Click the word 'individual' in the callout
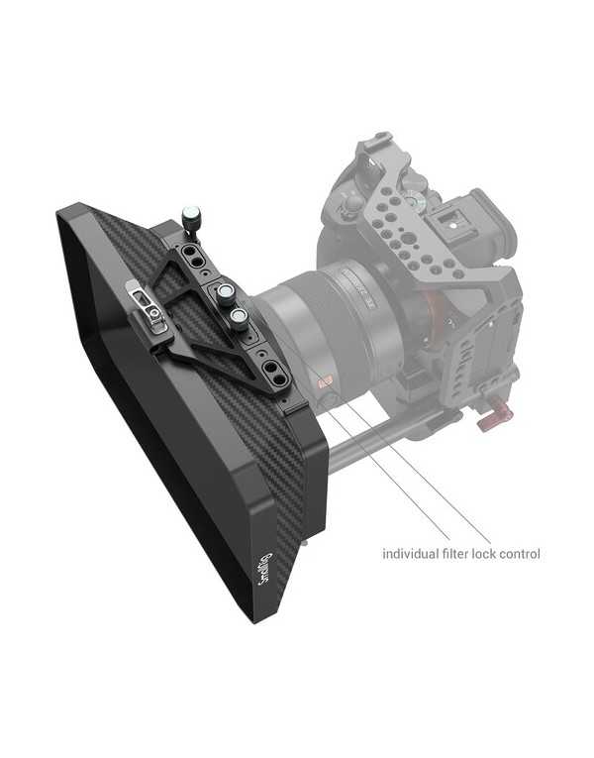[x=411, y=554]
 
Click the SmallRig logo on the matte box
[x=264, y=568]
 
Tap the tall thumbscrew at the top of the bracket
[x=190, y=217]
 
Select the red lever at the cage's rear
[x=491, y=417]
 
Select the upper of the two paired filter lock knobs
[x=227, y=294]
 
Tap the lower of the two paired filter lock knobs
[x=239, y=318]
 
